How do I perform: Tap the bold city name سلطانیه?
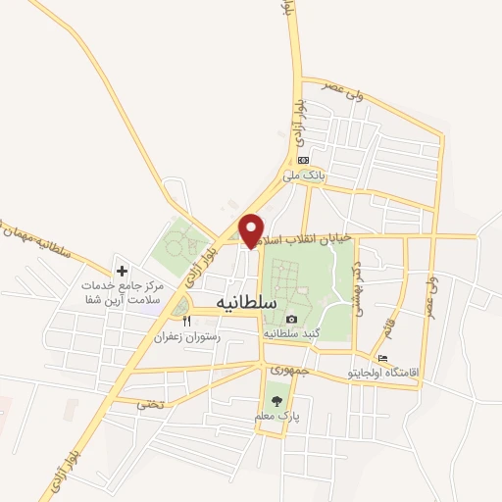(x=242, y=304)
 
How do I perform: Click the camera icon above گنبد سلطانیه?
(x=291, y=320)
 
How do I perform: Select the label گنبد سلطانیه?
(x=291, y=334)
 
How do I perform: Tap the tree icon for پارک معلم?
(x=276, y=401)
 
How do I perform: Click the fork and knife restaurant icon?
(x=186, y=321)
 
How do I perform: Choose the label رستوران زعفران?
(x=187, y=336)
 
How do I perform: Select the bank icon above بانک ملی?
(x=304, y=161)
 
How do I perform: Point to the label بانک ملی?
(x=303, y=176)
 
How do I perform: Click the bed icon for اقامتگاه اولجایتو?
(x=382, y=358)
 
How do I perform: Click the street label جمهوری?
(x=287, y=372)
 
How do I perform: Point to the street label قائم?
(x=388, y=319)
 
